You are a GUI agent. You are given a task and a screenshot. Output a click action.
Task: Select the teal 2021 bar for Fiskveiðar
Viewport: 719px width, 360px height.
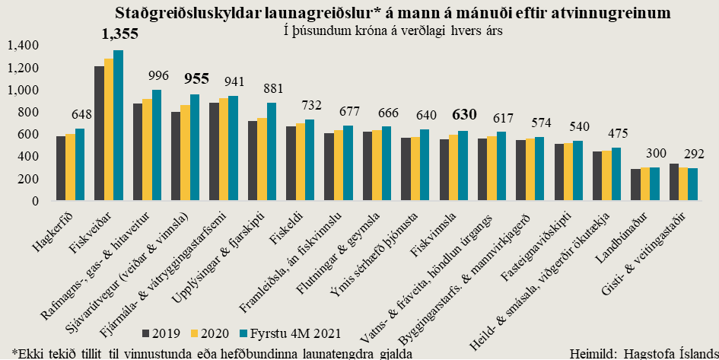pyautogui.click(x=118, y=126)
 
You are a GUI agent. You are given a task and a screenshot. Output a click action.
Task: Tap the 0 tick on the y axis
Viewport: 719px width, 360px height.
pyautogui.click(x=36, y=202)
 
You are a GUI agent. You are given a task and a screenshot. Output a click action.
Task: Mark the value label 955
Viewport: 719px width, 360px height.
pyautogui.click(x=197, y=78)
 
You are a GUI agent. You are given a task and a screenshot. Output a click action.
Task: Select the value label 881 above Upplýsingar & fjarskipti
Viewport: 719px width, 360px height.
pyautogui.click(x=274, y=88)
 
